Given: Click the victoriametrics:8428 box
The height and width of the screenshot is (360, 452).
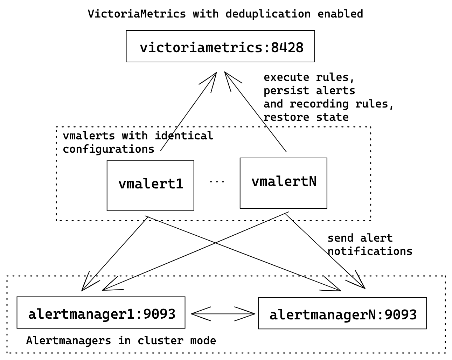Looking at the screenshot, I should [x=220, y=46].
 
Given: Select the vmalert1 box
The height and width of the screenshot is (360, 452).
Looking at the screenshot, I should [x=150, y=185].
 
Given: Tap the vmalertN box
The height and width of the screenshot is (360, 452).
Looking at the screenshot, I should [x=283, y=183].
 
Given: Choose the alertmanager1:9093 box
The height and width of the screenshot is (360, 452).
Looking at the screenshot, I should [x=101, y=313].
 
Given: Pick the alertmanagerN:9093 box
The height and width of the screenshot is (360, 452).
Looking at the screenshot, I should [x=342, y=313].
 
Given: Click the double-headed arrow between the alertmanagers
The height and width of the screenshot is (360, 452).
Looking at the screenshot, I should [x=223, y=314].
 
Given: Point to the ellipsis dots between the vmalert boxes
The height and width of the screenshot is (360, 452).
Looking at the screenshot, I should [x=217, y=182].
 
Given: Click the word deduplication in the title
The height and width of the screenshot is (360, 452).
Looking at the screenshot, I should [x=268, y=14].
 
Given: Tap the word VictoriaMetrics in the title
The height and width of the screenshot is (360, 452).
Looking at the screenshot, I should [x=137, y=14].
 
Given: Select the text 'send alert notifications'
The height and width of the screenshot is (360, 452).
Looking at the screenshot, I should [x=369, y=245].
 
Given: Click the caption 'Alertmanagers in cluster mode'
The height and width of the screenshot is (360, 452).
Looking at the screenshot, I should [x=121, y=340].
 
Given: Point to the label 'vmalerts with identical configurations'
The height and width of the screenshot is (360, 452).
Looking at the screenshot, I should [x=138, y=142].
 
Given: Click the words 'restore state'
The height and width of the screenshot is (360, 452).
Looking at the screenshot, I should [x=306, y=117].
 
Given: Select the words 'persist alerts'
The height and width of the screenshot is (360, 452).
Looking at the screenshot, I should [x=309, y=91].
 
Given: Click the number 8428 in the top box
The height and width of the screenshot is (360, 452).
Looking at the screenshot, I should [x=287, y=47].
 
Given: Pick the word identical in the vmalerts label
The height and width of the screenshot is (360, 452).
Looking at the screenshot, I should [x=184, y=136].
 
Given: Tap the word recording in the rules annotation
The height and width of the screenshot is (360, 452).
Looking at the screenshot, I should [x=319, y=104].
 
